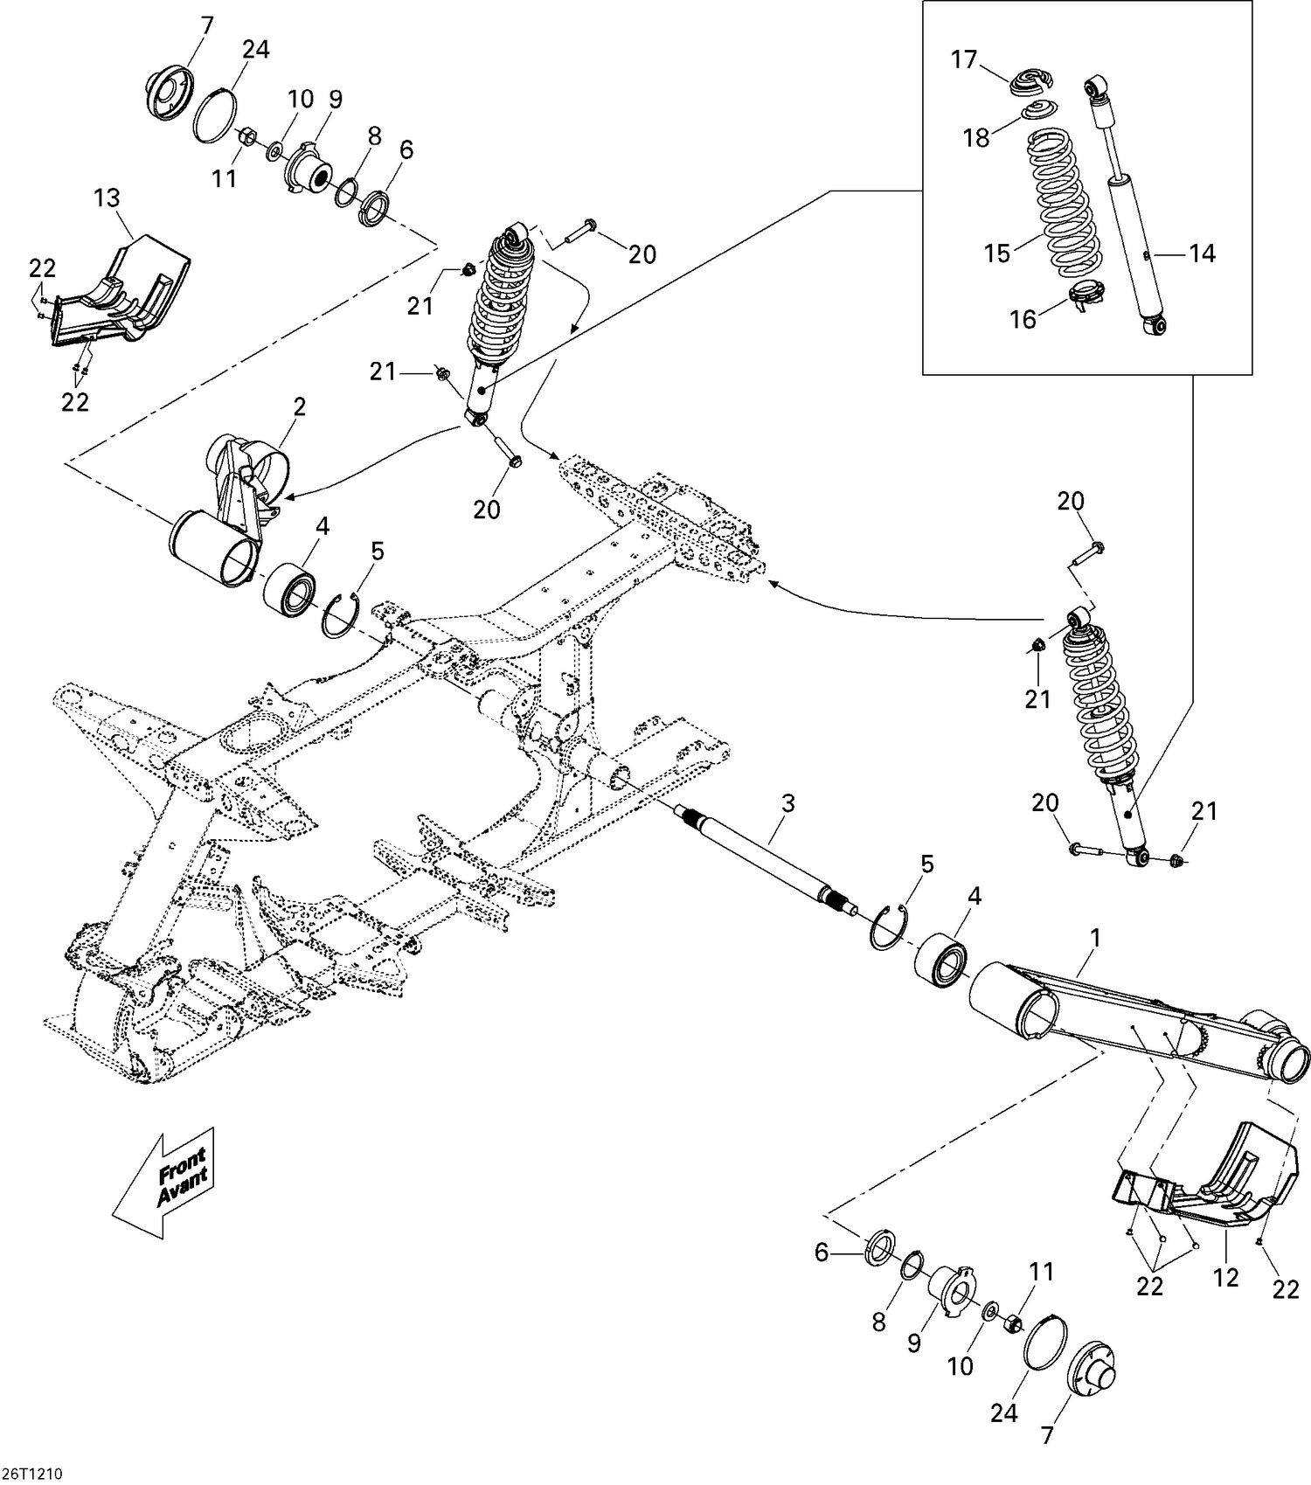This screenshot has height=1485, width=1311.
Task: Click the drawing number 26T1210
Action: point(33,1472)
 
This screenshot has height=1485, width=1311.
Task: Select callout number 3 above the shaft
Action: point(787,803)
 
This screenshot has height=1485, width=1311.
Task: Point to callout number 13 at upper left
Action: point(108,198)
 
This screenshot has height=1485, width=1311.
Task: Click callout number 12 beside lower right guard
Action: point(1225,1277)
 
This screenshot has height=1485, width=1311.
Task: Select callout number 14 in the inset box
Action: point(1202,253)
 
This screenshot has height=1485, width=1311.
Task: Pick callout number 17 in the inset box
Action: point(964,60)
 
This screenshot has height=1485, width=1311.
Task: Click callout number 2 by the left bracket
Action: point(299,406)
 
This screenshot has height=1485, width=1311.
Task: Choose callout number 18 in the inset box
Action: point(976,137)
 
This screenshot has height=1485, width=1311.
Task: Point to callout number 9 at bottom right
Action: point(913,1342)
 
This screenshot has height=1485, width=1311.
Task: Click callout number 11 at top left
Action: point(225,178)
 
